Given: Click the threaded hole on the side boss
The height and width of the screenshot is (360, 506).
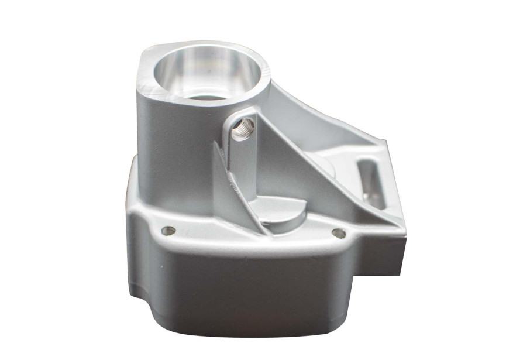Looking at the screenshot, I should tap(243, 128).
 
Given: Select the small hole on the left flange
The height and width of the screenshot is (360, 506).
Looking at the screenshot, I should tap(168, 231).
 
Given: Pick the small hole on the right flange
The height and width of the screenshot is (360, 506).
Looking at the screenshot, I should tap(338, 233).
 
